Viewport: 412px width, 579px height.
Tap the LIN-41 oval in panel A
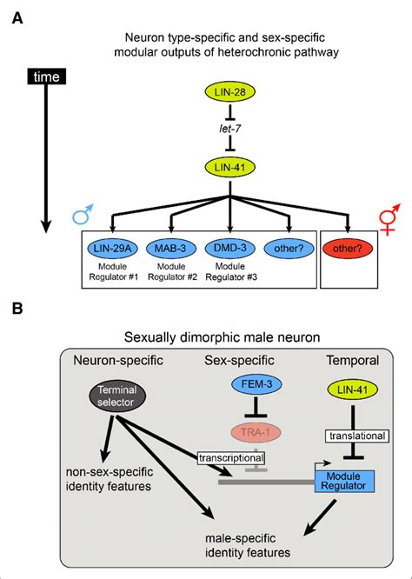point(229,166)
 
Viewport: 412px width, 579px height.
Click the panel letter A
point(15,14)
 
